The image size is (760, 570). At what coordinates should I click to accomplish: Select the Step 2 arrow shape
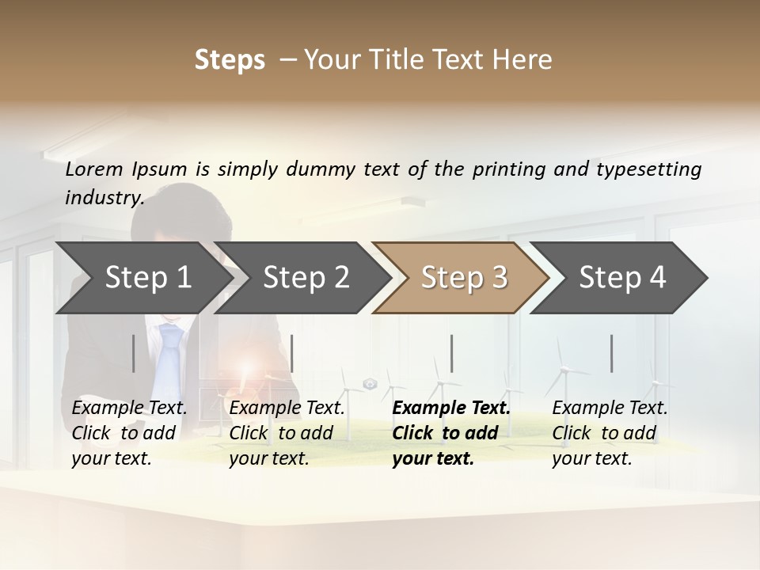coord(306,278)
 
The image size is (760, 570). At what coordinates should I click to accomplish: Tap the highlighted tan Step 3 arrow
coord(464,278)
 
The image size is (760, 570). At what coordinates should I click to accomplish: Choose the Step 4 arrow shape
coord(622,278)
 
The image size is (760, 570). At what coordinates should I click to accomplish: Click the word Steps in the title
coord(230,59)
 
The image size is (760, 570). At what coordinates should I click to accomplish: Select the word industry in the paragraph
coord(104,197)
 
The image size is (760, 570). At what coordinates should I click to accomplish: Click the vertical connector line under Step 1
coord(134,353)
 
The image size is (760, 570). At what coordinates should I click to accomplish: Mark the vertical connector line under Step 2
coord(293,353)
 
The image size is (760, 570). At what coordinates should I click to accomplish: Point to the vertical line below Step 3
coord(452,353)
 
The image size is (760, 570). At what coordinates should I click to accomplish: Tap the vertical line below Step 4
coord(612,353)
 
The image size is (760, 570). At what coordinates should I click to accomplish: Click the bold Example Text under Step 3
coord(451,408)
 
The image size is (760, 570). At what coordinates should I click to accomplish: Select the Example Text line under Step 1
coord(129,408)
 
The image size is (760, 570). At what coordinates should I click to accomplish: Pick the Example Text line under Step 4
coord(610,408)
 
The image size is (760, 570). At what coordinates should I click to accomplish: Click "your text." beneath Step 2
coord(268,458)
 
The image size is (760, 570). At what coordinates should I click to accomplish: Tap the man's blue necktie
coord(169,356)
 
